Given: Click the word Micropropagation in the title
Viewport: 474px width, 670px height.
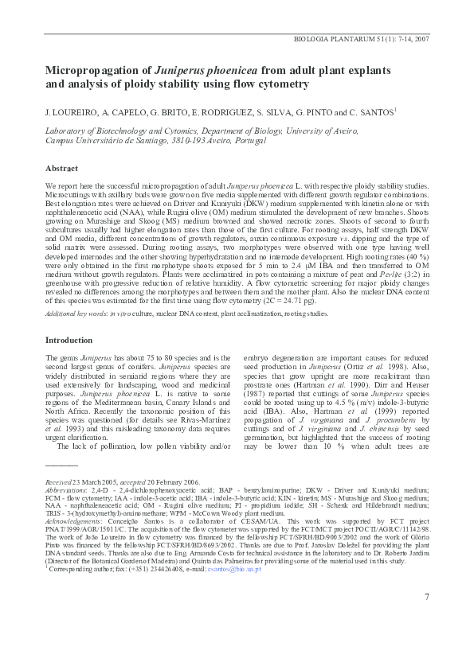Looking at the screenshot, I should [x=95, y=69].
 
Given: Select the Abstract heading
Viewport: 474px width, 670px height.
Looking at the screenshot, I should [x=61, y=169].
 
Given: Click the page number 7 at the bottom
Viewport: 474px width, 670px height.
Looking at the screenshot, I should [x=426, y=619].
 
